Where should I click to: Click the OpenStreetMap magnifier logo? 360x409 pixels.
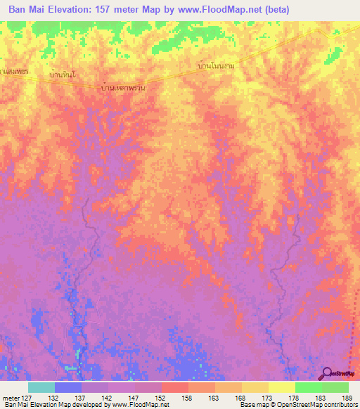pos(326,373)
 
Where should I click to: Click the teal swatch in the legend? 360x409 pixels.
pos(41,387)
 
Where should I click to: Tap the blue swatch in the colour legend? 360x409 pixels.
pos(68,387)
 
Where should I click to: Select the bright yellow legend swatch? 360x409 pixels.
pos(282,387)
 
